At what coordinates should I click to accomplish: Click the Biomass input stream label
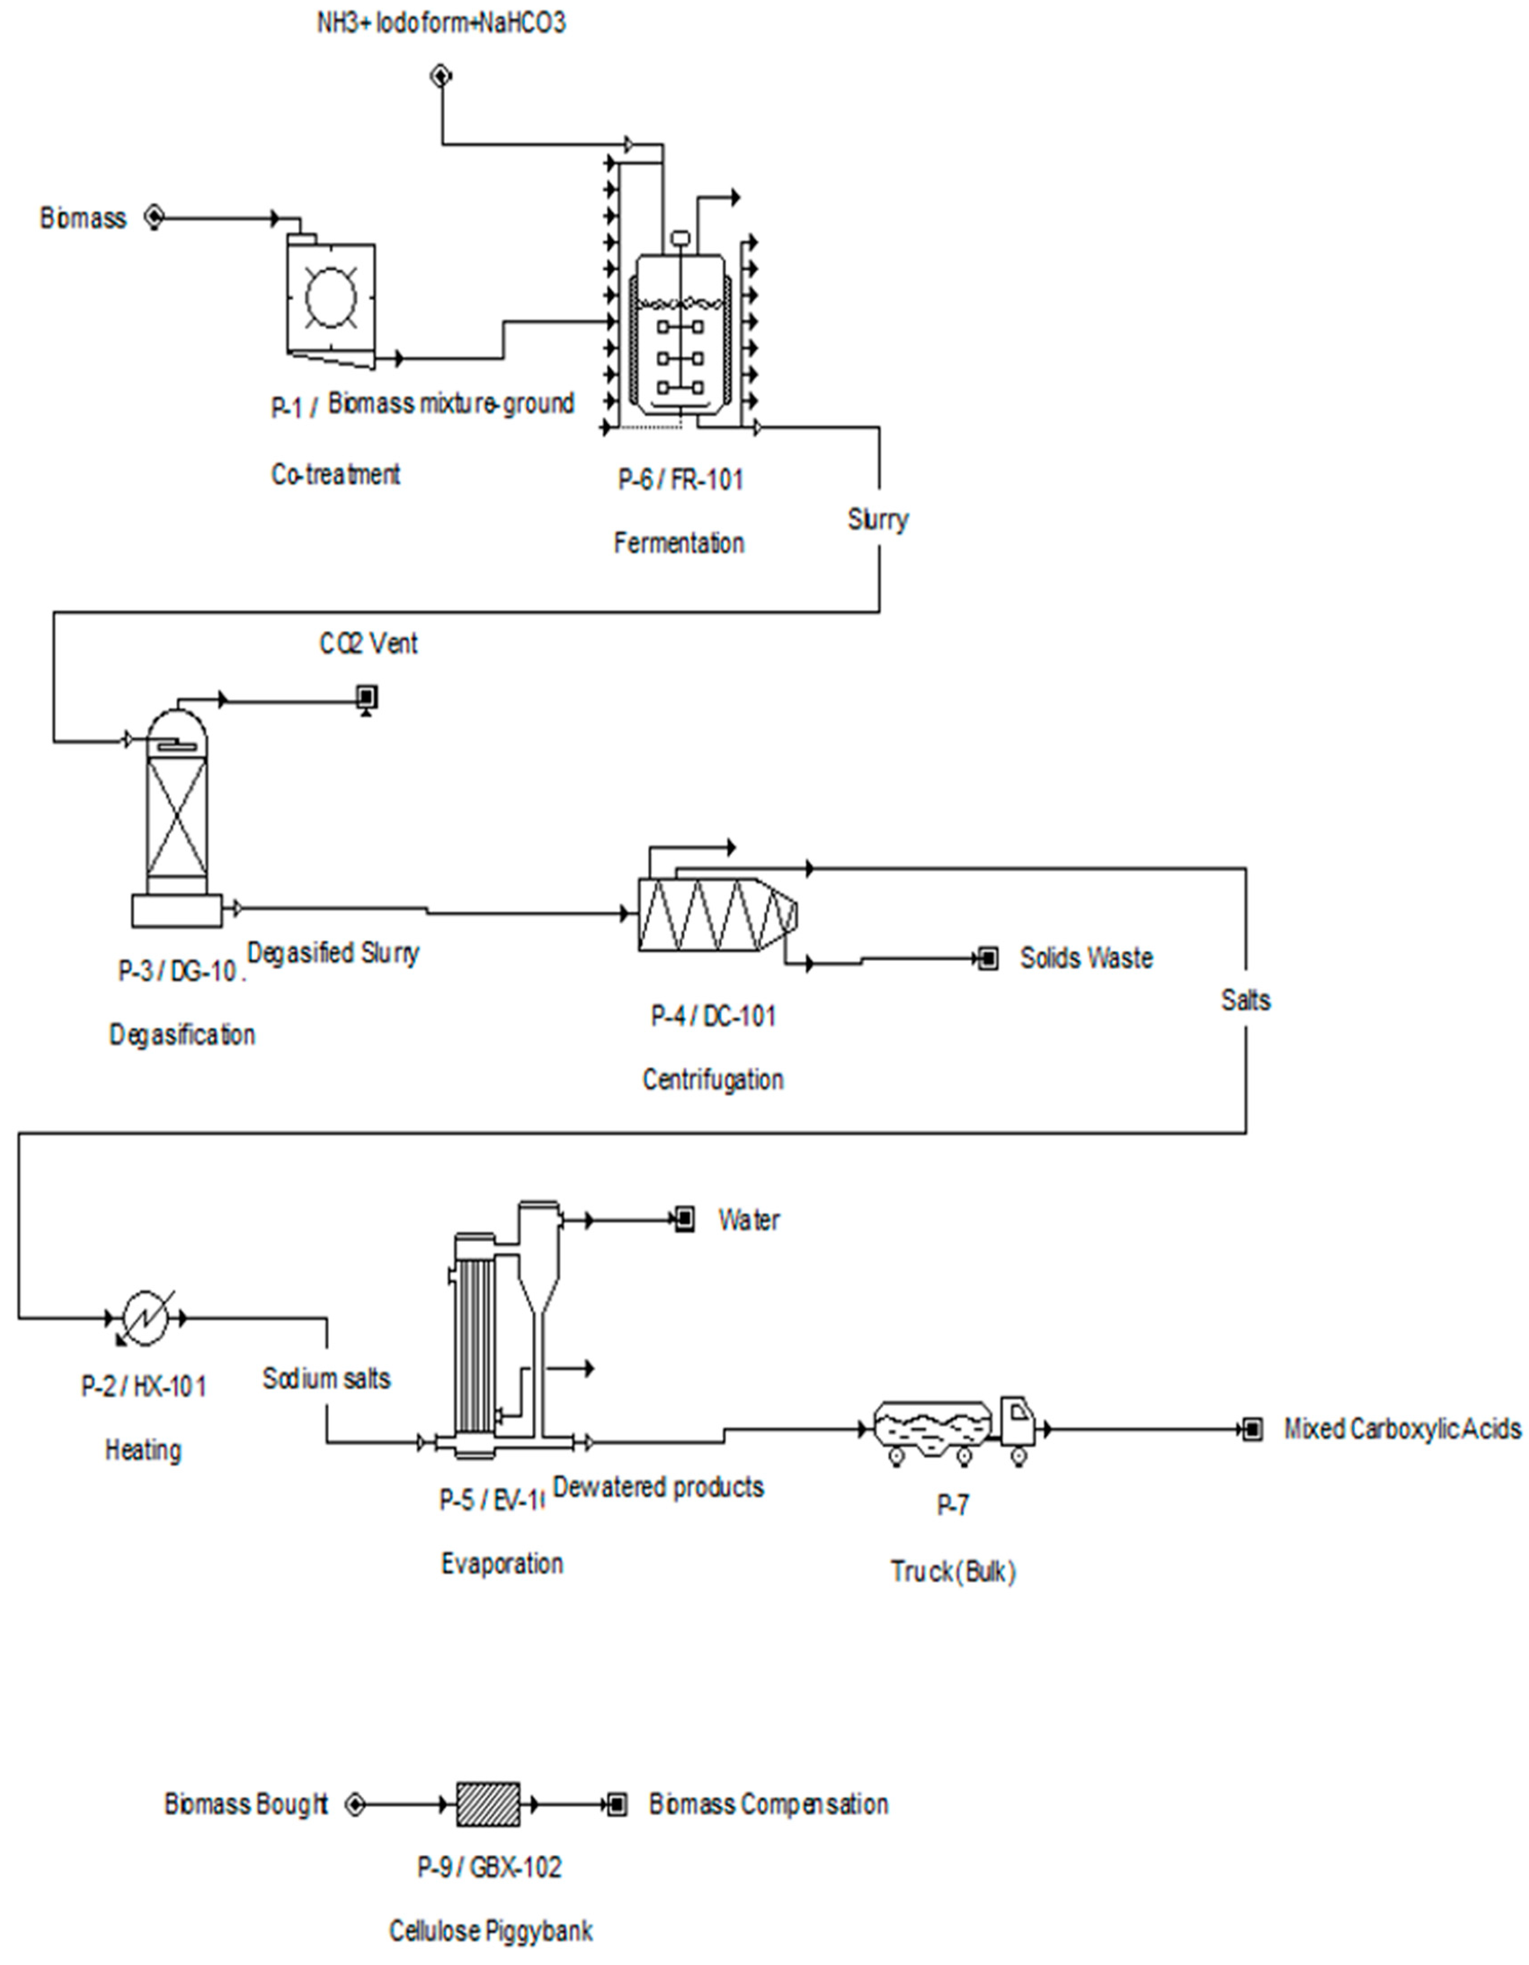pos(83,219)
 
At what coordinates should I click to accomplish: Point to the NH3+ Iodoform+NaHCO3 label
pos(441,22)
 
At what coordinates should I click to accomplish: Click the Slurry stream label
pos(878,519)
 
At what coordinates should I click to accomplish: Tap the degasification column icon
pos(177,819)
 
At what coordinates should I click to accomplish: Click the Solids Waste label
pos(1085,958)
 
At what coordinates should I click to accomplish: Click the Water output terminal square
pos(684,1220)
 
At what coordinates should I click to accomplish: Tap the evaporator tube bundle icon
pos(475,1331)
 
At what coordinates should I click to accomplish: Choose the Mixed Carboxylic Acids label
pos(1401,1429)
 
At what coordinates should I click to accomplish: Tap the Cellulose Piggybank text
pos(490,1931)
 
